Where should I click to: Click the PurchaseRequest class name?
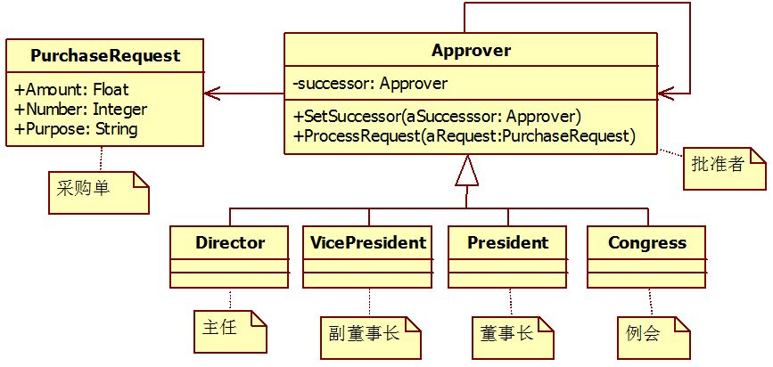click(x=105, y=56)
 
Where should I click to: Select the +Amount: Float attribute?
click(x=72, y=90)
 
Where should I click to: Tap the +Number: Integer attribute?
click(x=81, y=110)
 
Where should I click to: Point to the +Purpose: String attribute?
click(x=77, y=128)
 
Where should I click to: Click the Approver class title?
click(x=471, y=50)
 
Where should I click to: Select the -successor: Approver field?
click(x=369, y=84)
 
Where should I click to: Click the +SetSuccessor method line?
click(x=437, y=117)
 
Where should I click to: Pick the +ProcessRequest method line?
click(x=463, y=135)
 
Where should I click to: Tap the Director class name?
click(x=230, y=242)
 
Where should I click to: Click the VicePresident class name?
click(x=368, y=242)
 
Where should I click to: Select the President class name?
click(x=507, y=242)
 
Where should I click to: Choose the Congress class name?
click(x=647, y=242)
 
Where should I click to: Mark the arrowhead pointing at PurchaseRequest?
click(x=210, y=93)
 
